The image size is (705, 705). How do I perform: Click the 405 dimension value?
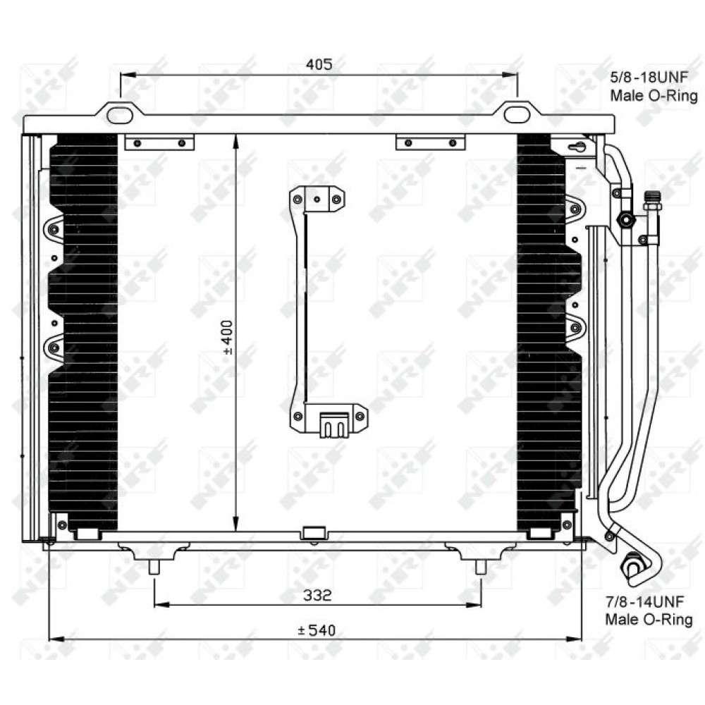[319, 64]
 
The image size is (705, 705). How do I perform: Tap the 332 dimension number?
[317, 595]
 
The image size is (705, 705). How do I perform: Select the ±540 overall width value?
[317, 630]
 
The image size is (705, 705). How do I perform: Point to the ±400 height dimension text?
[228, 337]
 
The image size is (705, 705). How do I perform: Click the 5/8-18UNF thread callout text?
[649, 78]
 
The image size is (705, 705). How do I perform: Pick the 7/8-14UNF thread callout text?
[645, 601]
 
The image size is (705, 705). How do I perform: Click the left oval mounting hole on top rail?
[120, 115]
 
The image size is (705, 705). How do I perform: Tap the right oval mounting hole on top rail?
[517, 114]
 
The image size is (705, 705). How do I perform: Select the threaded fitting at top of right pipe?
[652, 201]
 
